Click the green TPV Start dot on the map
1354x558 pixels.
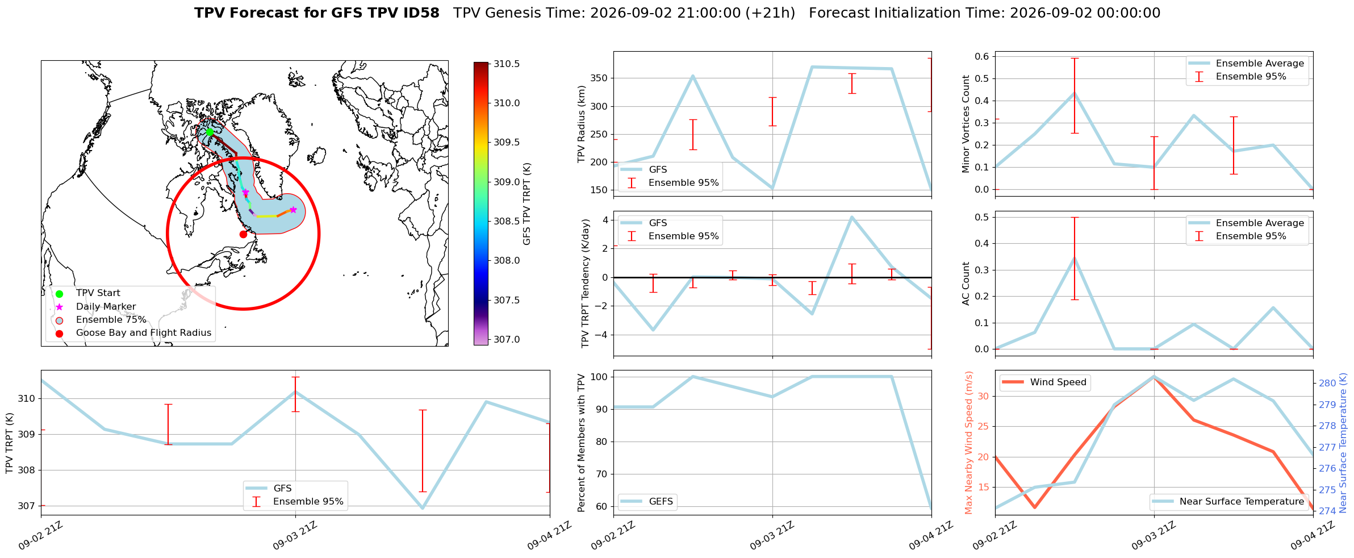tap(210, 132)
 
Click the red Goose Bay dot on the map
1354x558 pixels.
tap(243, 234)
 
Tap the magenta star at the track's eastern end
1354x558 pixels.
tap(293, 210)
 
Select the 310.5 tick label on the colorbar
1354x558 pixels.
tap(507, 64)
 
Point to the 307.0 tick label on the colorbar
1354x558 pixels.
tap(507, 339)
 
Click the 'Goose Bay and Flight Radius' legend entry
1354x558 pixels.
tap(144, 333)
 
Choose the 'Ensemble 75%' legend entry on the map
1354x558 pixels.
tap(111, 320)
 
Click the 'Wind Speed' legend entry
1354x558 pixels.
tap(1058, 382)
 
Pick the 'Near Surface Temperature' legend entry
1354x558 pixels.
tap(1242, 501)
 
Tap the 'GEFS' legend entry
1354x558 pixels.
tap(661, 501)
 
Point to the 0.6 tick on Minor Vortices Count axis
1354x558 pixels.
tap(982, 56)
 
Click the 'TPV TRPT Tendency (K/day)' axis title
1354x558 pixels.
tap(586, 284)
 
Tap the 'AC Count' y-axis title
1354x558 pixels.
tap(966, 284)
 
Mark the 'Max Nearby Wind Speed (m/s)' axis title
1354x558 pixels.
tap(968, 443)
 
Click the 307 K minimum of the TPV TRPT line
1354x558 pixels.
tap(423, 508)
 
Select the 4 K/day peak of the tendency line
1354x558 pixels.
tap(851, 217)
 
